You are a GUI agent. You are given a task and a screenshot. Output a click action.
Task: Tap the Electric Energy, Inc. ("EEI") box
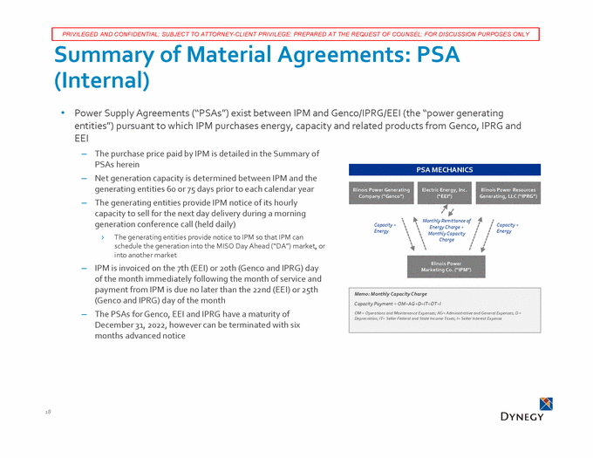point(445,194)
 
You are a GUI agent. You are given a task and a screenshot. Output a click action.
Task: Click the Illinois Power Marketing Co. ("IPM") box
point(445,264)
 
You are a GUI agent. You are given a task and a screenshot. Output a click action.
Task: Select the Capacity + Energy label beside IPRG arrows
point(507,228)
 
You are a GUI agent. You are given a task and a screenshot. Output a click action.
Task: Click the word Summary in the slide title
point(112,57)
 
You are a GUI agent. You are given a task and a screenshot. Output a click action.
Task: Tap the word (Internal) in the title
point(102,84)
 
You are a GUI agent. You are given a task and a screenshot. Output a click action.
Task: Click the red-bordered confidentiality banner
point(296,34)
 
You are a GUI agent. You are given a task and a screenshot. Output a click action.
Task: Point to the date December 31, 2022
point(134,325)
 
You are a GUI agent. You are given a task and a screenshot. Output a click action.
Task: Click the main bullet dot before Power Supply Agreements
point(63,113)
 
